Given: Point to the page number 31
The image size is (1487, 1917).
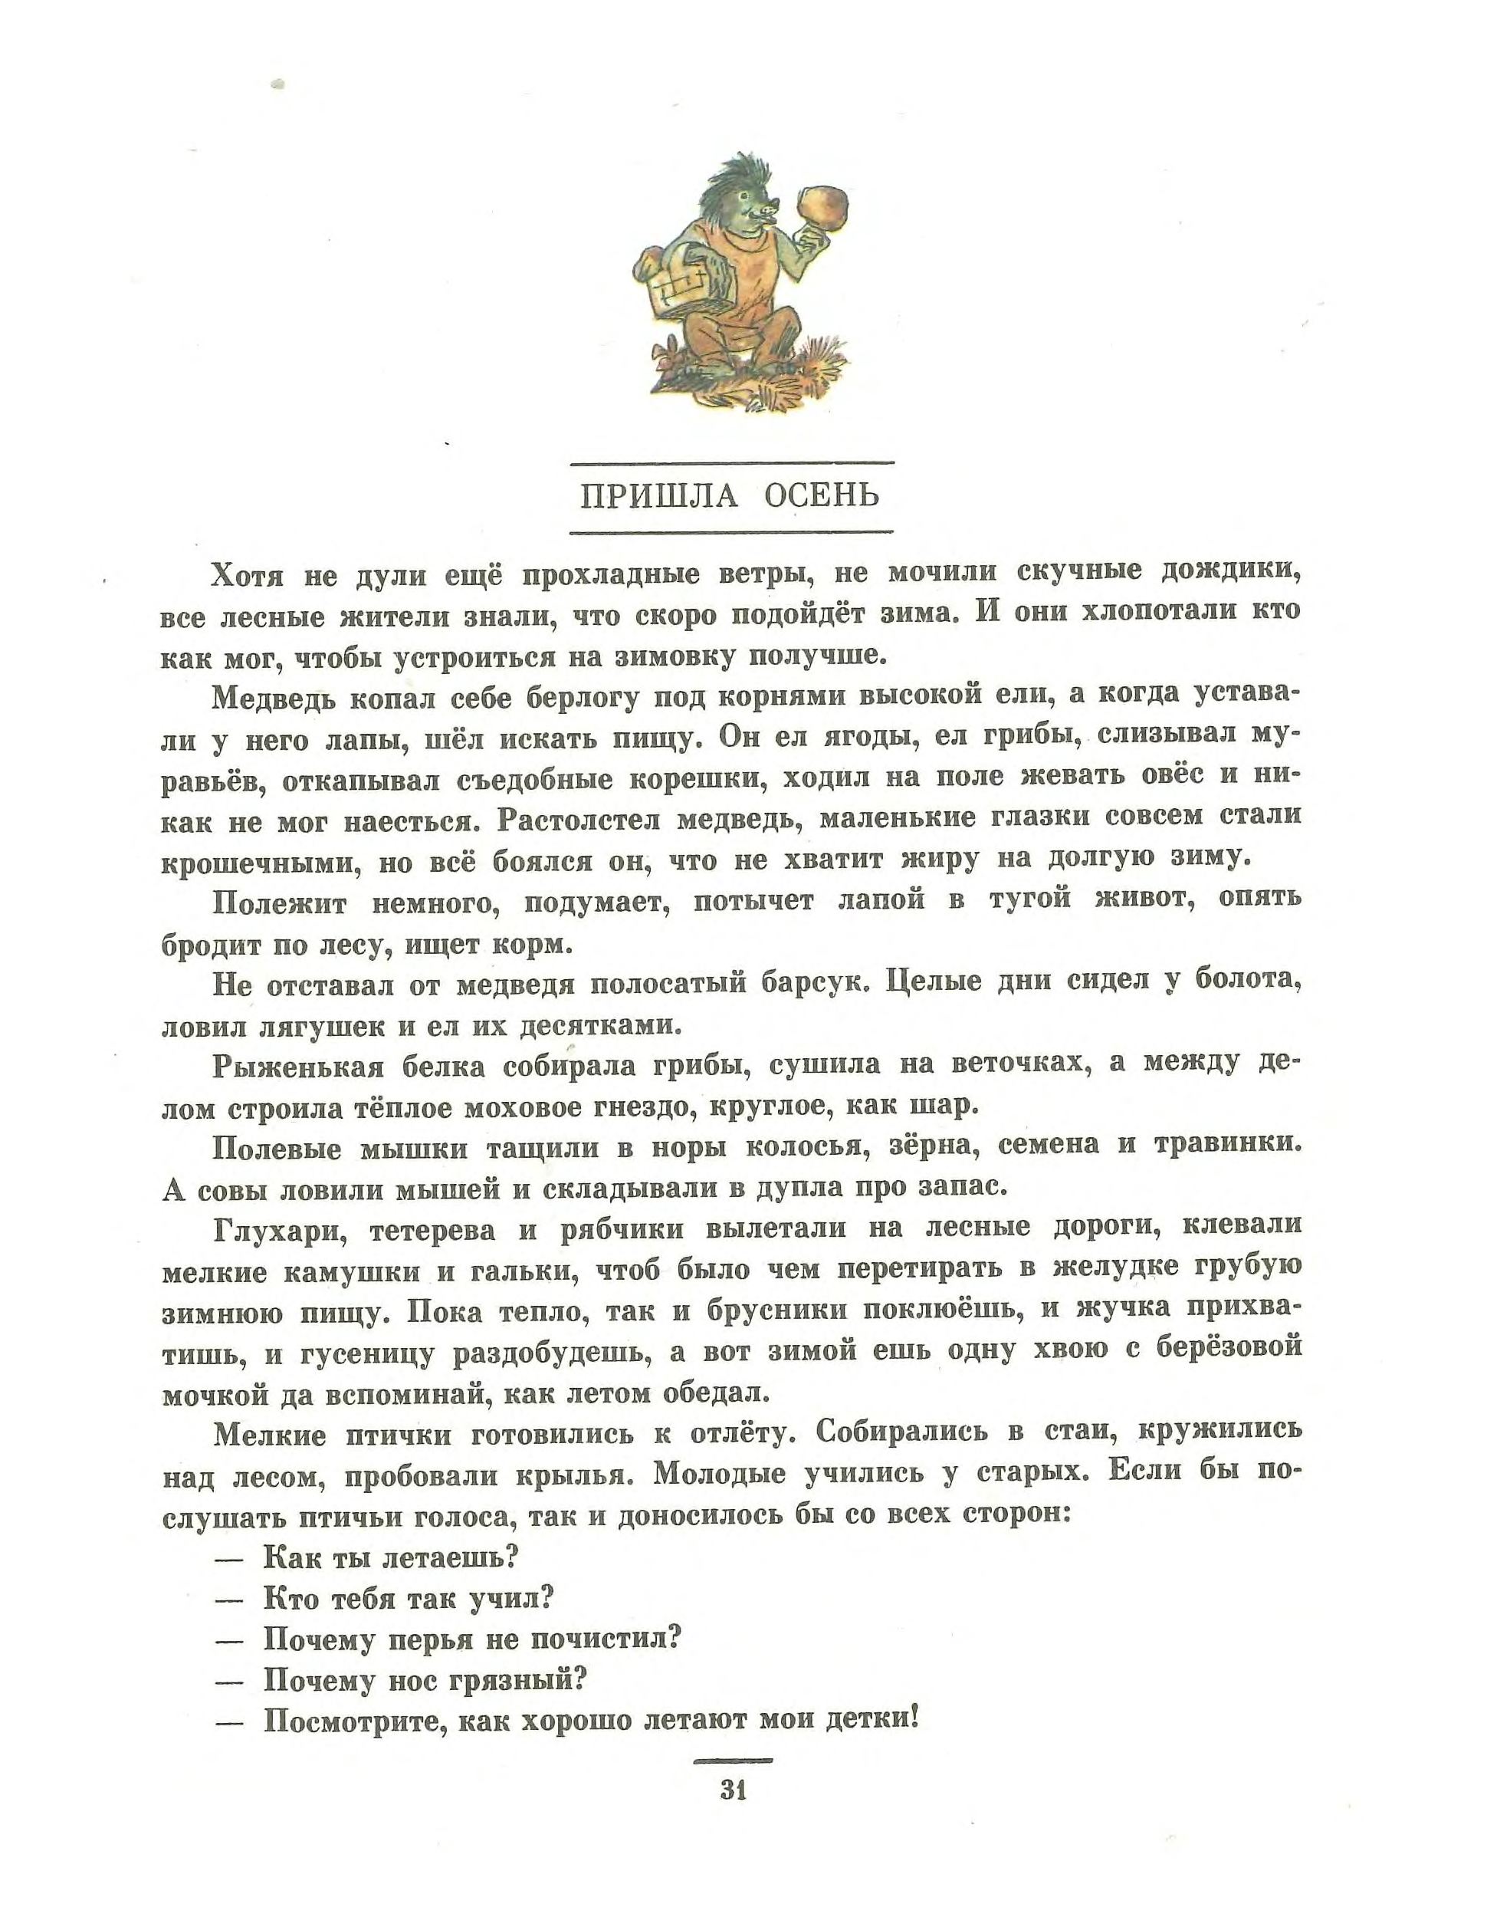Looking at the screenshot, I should (x=733, y=1790).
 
